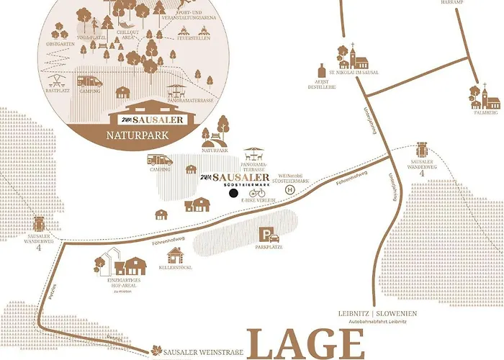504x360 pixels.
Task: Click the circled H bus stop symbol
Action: [x=291, y=189]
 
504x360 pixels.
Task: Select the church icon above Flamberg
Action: [x=475, y=95]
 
